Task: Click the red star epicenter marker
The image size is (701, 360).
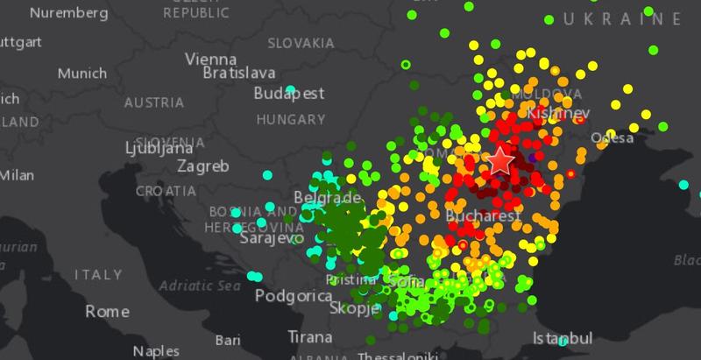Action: pos(500,160)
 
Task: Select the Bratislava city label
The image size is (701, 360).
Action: pos(239,73)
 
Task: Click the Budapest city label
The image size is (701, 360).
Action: pos(289,94)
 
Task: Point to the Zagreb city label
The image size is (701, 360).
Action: pos(202,166)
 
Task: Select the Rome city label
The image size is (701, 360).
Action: pos(107,312)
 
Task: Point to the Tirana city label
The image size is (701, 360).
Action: pos(310,336)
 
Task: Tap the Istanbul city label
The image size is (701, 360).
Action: pos(563,338)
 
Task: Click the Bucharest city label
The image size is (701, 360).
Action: pos(484,215)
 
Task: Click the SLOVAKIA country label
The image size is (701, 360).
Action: pos(301,43)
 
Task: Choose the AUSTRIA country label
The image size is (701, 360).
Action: pos(153,102)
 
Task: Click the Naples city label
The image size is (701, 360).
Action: pos(155,351)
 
